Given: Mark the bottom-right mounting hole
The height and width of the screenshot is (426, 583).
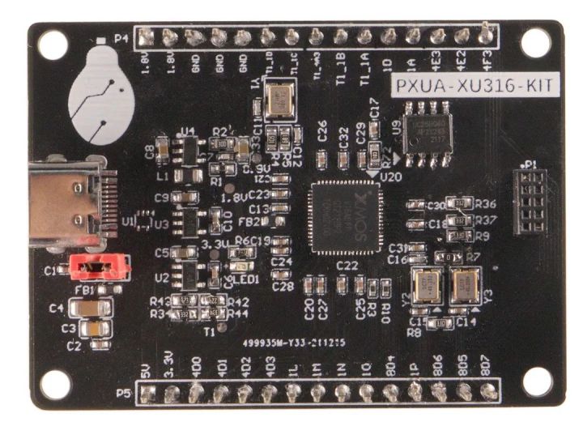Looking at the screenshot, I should pos(534,381).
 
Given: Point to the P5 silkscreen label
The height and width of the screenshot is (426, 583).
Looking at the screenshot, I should pos(123,394).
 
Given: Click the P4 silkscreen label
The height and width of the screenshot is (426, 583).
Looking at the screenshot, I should pos(121,37).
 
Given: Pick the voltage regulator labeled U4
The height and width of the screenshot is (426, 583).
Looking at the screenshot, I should pos(190,149).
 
